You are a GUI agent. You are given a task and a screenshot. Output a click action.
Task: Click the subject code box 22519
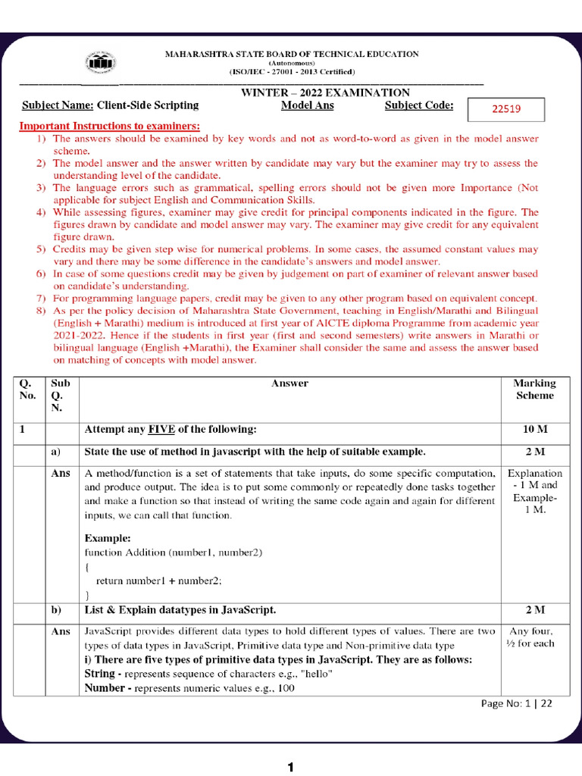click(506, 109)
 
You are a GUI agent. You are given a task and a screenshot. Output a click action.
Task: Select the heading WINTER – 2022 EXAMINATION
click(325, 92)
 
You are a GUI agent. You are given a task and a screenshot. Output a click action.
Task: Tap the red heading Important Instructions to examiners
click(109, 126)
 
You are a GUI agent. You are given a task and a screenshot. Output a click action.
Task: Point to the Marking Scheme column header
click(534, 389)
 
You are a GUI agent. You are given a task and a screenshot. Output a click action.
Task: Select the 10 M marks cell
click(534, 430)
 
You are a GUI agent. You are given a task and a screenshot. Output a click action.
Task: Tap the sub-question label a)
click(55, 452)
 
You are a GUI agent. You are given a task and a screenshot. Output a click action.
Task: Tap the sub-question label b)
click(55, 609)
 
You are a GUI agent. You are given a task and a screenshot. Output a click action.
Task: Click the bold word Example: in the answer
click(108, 537)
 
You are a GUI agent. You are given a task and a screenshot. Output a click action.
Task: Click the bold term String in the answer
click(99, 673)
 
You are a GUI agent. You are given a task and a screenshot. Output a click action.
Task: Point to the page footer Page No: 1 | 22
click(516, 703)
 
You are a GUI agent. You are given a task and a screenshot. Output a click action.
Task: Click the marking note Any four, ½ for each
click(530, 637)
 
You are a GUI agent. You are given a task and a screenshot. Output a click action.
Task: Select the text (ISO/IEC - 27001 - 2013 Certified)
click(292, 71)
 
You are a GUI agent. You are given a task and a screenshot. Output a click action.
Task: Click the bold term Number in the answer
click(104, 688)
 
